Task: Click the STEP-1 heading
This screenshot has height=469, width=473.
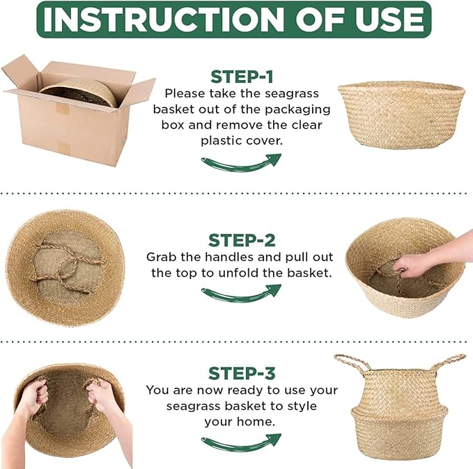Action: coord(242,77)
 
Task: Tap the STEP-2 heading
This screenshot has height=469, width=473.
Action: coord(242,240)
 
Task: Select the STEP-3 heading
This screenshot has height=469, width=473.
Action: coord(242,373)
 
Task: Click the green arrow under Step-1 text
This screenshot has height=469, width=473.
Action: coord(241,162)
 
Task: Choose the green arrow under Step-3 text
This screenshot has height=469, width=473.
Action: coord(241,441)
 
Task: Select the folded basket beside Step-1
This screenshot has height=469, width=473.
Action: coord(401,113)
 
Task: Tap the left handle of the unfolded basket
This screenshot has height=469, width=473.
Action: coord(352,365)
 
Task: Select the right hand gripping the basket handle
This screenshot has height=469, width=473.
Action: coord(101,397)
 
